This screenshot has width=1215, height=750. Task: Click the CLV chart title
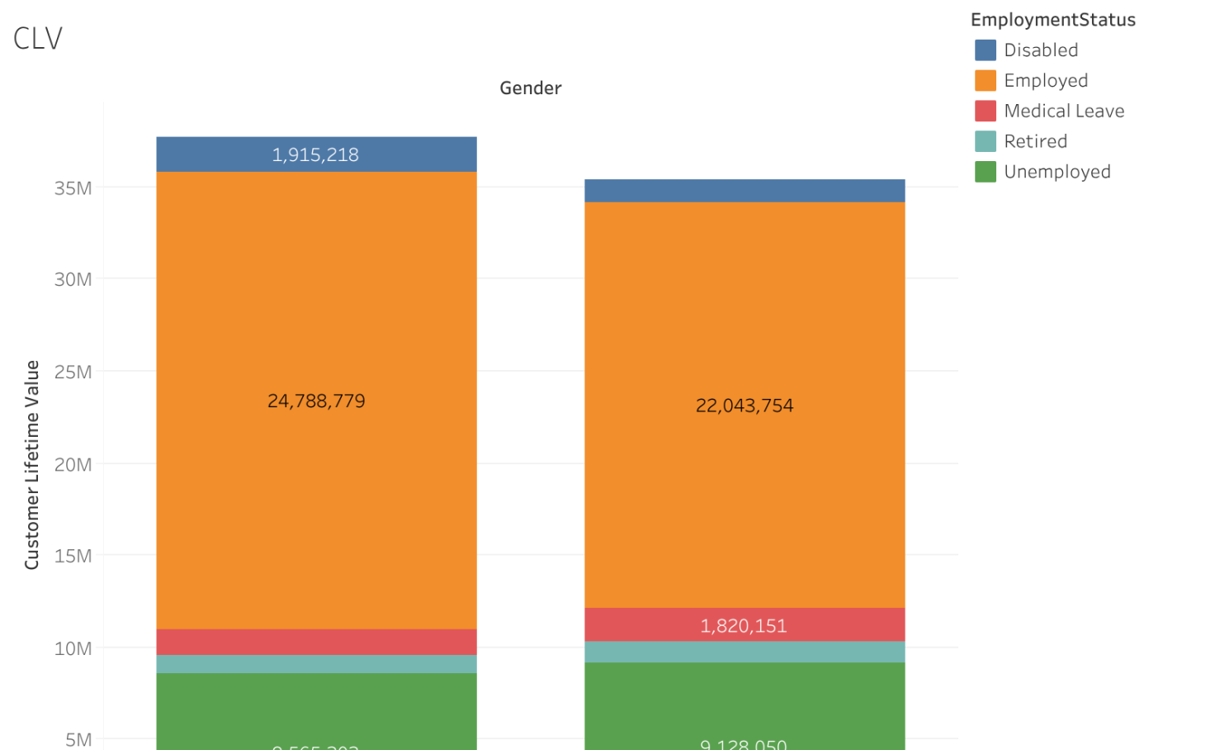pos(38,38)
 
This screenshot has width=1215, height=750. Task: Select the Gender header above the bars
pos(530,88)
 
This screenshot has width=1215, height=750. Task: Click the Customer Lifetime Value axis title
pos(32,464)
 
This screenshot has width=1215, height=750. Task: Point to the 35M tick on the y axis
pos(73,188)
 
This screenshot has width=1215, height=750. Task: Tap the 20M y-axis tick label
pos(73,464)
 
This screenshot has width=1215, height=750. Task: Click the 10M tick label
pos(73,648)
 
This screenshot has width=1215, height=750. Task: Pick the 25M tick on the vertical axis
pos(73,372)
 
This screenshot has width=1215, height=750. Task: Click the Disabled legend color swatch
pos(986,50)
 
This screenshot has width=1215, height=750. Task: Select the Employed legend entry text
pos(1046,81)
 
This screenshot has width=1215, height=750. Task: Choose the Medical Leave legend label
pos(1064,112)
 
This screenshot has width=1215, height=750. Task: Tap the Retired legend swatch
pos(986,141)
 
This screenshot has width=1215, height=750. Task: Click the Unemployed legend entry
pos(1057,172)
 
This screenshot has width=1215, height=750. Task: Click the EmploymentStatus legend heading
pos(1052,20)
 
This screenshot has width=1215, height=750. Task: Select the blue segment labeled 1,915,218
pos(316,154)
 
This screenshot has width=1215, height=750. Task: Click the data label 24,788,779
pos(316,401)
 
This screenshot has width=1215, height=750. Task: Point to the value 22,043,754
pos(744,406)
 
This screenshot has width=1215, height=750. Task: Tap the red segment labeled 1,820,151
pos(744,625)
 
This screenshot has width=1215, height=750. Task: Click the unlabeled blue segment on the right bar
pos(744,191)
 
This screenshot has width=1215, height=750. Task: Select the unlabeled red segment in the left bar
pos(316,642)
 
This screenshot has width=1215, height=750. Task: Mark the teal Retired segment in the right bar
pos(744,652)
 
